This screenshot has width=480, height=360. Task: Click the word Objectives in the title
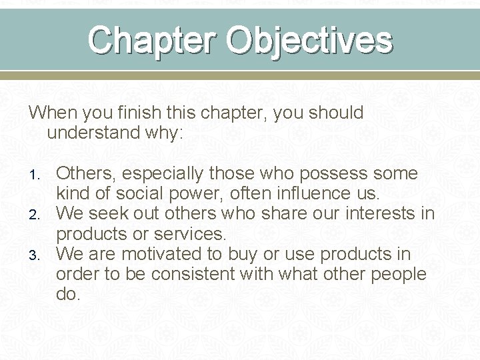tap(311, 40)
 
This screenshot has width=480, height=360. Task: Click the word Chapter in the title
tap(155, 40)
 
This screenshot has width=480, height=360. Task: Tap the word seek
tap(109, 215)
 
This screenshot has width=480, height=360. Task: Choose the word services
tap(191, 235)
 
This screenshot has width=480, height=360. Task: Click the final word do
tap(67, 294)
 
